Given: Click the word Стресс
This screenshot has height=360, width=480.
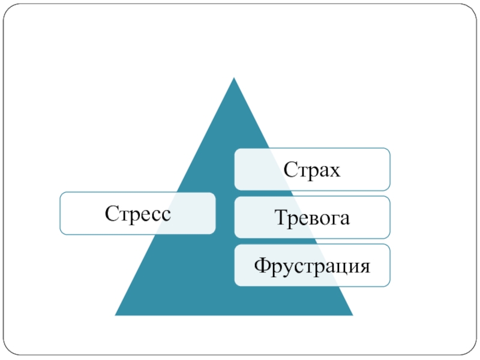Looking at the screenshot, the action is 137,213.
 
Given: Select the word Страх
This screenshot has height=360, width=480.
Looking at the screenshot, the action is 311,170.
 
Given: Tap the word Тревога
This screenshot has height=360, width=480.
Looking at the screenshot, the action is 311,217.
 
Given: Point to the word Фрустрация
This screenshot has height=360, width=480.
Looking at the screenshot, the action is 311,265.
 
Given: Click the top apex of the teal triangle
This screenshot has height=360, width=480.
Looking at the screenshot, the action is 233,77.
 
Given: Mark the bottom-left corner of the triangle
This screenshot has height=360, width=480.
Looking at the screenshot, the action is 115,315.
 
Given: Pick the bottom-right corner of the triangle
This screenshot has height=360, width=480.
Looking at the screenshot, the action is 353,315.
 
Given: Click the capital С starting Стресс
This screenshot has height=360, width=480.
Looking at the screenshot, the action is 111,212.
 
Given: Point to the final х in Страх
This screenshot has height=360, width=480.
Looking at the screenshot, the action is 334,171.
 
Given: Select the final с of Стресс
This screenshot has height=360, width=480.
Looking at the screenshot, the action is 164,214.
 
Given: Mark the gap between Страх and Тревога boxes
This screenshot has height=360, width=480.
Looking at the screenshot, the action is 311,193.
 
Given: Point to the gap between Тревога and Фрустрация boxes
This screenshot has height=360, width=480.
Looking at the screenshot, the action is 311,241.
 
